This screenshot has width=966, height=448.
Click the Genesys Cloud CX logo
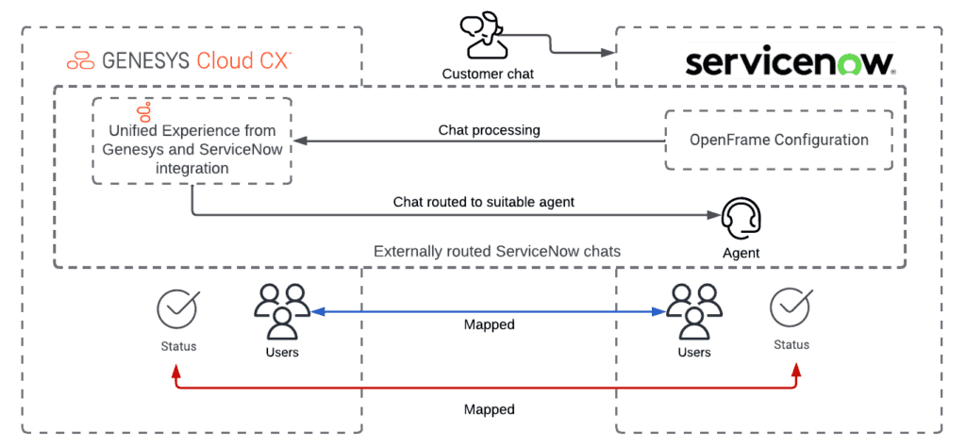(179, 61)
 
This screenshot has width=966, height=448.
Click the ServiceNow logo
(789, 63)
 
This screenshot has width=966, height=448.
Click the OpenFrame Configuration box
(778, 140)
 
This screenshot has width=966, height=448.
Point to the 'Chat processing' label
(489, 130)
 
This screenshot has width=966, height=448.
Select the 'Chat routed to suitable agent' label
(483, 201)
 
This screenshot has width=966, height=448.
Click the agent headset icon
(740, 220)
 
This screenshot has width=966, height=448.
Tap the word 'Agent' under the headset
(741, 253)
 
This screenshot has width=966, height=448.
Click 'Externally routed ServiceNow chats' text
(495, 252)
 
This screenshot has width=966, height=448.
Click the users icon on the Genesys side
(281, 311)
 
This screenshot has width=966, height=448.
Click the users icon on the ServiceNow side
(693, 311)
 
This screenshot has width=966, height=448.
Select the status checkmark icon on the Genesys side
(177, 309)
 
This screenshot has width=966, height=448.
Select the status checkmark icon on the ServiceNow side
(791, 307)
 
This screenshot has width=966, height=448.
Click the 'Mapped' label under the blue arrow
(489, 324)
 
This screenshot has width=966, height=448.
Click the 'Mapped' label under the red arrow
(489, 409)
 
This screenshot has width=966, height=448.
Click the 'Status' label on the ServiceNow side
(791, 344)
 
